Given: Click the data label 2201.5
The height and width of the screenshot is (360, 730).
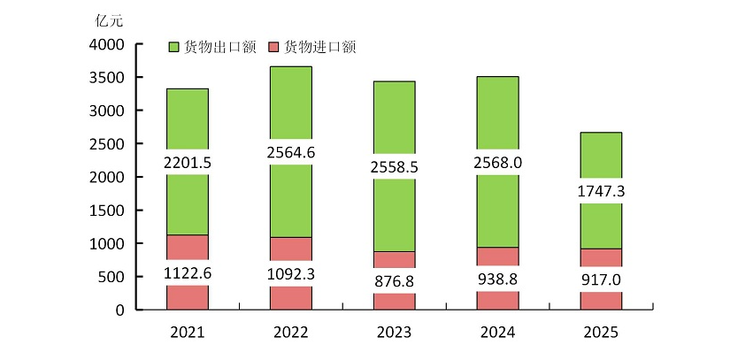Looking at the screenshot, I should [188, 163].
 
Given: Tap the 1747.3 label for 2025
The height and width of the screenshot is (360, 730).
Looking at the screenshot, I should [600, 191].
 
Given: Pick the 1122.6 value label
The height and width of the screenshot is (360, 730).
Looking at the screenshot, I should [188, 272].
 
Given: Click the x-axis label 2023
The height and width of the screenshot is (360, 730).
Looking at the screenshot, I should [393, 333].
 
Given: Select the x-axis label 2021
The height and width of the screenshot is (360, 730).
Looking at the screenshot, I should [188, 333].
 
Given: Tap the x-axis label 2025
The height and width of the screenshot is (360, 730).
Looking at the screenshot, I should [600, 333].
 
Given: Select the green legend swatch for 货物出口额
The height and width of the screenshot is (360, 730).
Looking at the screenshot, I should [173, 47].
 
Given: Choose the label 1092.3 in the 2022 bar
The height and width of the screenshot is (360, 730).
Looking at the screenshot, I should [290, 273].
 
